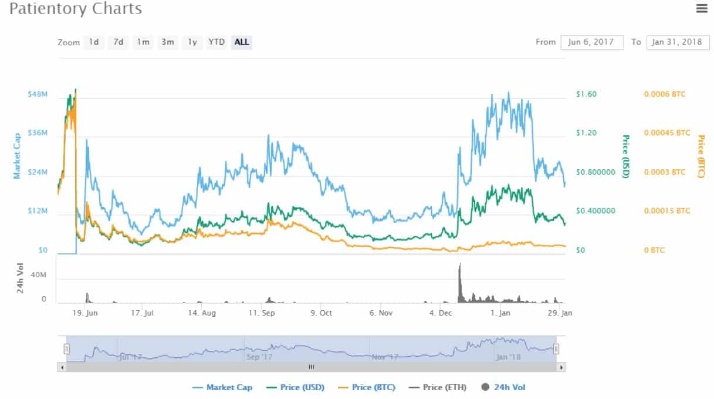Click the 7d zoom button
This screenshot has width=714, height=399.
(x=118, y=42)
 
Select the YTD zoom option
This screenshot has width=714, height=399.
(x=216, y=42)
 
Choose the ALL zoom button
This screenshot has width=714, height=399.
(x=242, y=42)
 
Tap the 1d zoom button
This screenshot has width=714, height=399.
(x=94, y=42)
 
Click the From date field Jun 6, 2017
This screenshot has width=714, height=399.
(x=592, y=42)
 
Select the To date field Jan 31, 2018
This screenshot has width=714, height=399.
(x=678, y=42)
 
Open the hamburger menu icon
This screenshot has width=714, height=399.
(x=701, y=8)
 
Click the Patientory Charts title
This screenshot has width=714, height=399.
(x=76, y=9)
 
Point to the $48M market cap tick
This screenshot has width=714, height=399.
(x=37, y=94)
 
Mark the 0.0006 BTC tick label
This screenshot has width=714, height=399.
(x=664, y=94)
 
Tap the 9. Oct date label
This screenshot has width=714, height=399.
(x=321, y=313)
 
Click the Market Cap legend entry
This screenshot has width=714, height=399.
(x=222, y=387)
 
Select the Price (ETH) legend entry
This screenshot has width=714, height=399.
(x=437, y=387)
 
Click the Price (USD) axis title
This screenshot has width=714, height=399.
(x=626, y=156)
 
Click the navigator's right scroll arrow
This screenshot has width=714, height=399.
(x=561, y=367)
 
